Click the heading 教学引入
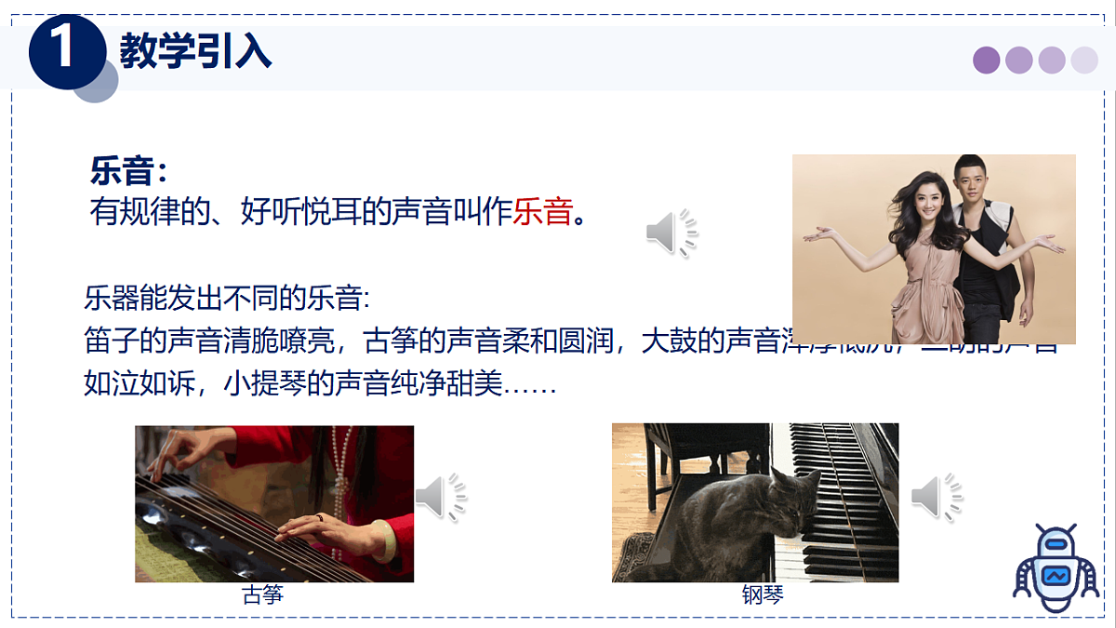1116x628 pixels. click(195, 50)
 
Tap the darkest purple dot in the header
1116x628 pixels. click(986, 60)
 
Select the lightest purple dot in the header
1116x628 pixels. click(1084, 60)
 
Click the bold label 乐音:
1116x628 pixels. click(128, 172)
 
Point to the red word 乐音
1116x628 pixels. click(542, 212)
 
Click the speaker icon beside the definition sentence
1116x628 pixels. click(671, 233)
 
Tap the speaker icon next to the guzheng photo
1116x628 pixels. click(440, 497)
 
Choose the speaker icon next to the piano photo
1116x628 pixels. click(937, 497)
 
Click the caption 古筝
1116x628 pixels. click(262, 595)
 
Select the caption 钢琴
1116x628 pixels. click(763, 595)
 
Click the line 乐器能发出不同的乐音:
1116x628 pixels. click(227, 299)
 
